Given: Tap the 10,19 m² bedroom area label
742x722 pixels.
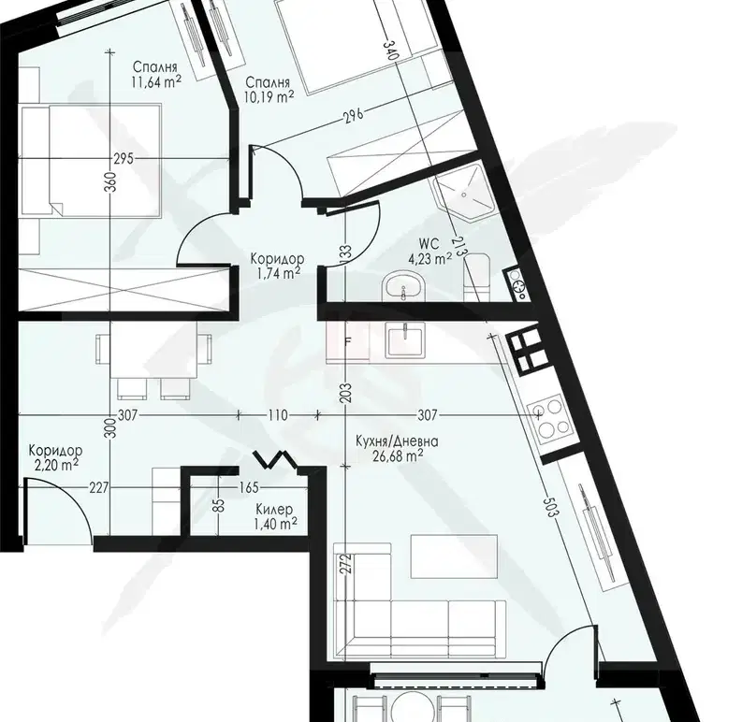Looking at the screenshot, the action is click(269, 90).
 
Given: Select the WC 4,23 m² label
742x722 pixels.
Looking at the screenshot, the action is click(429, 252).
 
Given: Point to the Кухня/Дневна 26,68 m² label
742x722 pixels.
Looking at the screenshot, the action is click(397, 449).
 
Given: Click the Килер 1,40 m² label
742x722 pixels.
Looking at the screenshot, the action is click(274, 516).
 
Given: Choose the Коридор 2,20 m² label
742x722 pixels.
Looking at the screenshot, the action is click(55, 457).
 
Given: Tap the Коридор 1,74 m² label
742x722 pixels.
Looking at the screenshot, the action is click(277, 266).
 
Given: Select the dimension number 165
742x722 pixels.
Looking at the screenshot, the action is click(249, 487).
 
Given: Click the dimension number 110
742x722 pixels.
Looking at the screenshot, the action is click(278, 415).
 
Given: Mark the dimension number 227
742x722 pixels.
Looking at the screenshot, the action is click(99, 487).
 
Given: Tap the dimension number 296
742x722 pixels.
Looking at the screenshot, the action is click(354, 115).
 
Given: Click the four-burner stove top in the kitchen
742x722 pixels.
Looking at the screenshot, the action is click(550, 418).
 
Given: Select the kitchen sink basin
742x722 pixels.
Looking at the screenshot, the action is click(405, 339).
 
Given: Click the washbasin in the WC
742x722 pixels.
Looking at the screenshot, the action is click(403, 286).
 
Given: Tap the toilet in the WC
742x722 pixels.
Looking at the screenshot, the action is click(476, 276).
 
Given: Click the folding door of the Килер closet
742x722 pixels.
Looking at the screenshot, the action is click(274, 460).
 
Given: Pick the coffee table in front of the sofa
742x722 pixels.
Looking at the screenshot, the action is click(455, 556).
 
